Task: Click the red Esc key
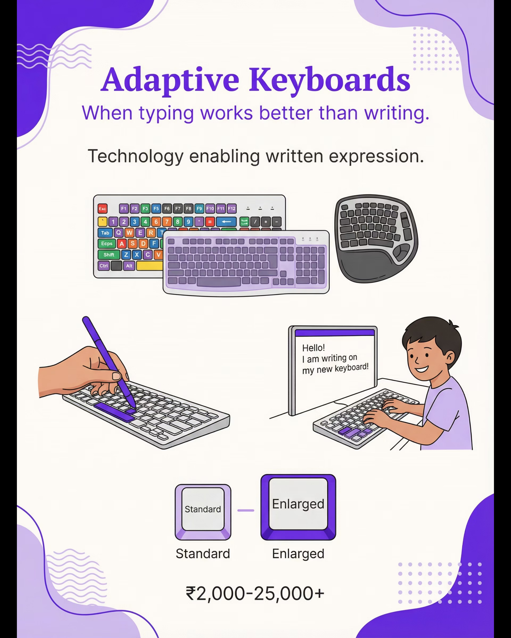[102, 209]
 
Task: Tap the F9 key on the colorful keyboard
[199, 209]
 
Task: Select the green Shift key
[109, 255]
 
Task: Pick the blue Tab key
[105, 233]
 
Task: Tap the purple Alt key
[129, 266]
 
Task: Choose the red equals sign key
[210, 222]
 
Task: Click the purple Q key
[119, 233]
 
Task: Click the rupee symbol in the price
[191, 593]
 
